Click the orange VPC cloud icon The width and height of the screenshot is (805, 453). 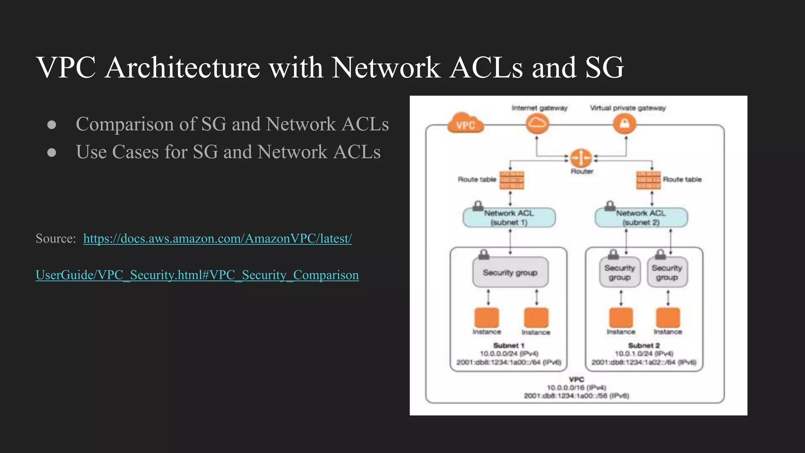[465, 124]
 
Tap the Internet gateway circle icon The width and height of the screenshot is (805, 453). [537, 124]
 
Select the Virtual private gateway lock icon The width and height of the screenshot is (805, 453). [625, 124]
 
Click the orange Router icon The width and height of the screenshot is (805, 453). [581, 158]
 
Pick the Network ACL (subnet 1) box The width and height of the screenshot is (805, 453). [509, 218]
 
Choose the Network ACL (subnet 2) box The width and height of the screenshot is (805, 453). [641, 218]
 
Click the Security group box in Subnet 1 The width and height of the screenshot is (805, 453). [510, 273]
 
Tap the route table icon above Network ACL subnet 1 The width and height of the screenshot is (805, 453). [512, 180]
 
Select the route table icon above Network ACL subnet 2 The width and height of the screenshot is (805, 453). [648, 180]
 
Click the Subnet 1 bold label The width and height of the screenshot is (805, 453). [509, 345]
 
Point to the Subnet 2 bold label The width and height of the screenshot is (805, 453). [643, 345]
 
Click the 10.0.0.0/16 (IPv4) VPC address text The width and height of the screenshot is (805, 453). [576, 388]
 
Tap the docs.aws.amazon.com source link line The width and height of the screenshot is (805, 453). [217, 238]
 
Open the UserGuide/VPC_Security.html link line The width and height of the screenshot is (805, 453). [197, 275]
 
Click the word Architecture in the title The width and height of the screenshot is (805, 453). [182, 68]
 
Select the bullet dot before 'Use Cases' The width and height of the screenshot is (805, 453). [51, 153]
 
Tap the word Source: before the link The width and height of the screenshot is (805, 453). [55, 238]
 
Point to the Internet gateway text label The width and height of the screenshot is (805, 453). [539, 108]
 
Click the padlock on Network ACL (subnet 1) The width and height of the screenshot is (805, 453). [478, 206]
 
